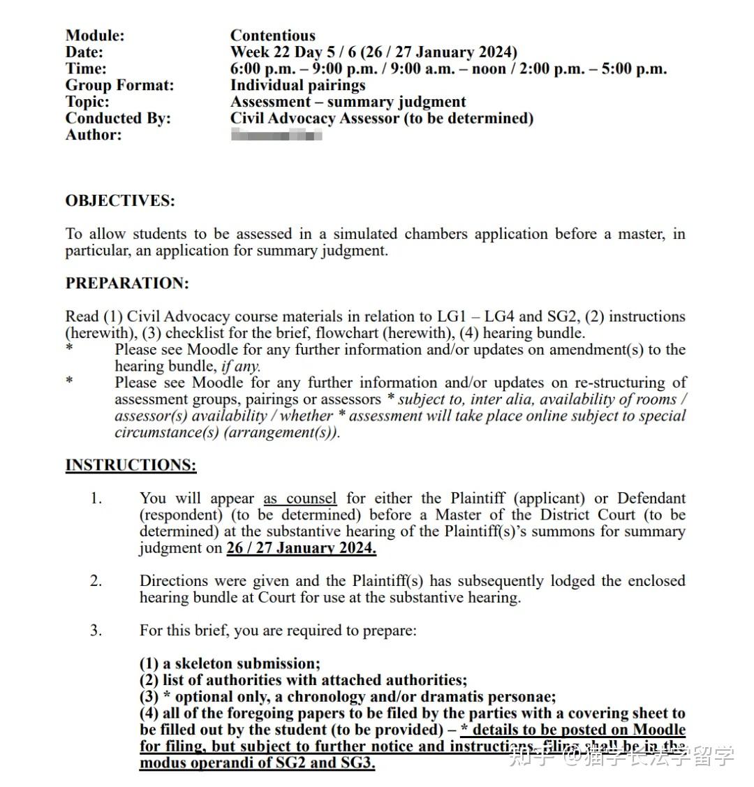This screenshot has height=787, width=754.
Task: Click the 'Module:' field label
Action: (95, 36)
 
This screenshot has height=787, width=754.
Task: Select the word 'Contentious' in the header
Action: (272, 36)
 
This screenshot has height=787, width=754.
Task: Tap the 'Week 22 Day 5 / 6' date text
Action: (293, 52)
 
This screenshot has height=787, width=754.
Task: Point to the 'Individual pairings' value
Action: (298, 85)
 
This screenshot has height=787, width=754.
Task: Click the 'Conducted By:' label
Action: (118, 118)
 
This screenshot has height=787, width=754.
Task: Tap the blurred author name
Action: (276, 135)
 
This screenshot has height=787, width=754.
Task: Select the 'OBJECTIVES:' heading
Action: (120, 201)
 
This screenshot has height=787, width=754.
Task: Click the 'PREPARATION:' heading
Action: (127, 284)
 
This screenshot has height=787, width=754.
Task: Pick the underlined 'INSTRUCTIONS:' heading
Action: (131, 465)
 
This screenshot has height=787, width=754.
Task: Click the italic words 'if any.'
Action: (241, 366)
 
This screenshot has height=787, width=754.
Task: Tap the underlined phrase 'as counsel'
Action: (300, 499)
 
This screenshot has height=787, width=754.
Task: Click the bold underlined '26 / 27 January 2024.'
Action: (301, 548)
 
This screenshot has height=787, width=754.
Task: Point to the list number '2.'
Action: (96, 581)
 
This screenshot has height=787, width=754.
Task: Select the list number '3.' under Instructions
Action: (96, 631)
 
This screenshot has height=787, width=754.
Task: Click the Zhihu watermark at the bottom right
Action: (621, 756)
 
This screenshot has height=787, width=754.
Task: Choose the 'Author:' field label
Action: (94, 135)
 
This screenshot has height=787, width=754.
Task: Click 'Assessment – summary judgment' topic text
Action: (348, 102)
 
